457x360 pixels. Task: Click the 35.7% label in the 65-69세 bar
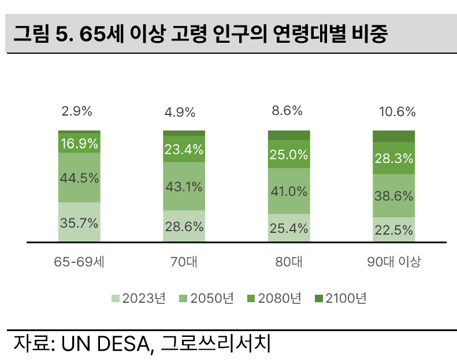click(x=79, y=224)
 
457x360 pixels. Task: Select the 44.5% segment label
click(x=79, y=178)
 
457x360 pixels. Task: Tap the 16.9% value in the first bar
click(x=79, y=143)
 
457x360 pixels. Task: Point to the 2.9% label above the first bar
click(x=77, y=112)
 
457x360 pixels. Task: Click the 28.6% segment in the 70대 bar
click(x=184, y=227)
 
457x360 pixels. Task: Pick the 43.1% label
click(x=184, y=186)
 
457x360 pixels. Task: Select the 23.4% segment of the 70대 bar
click(x=184, y=150)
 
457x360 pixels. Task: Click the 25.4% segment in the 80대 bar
click(x=289, y=228)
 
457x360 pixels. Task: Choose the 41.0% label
click(x=289, y=191)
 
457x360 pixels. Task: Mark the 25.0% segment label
click(x=289, y=155)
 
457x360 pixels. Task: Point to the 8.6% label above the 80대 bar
click(x=288, y=111)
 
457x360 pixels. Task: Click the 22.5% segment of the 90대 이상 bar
click(x=394, y=229)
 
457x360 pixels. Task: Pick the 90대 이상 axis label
click(x=394, y=262)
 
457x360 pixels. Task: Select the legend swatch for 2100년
click(x=319, y=299)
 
